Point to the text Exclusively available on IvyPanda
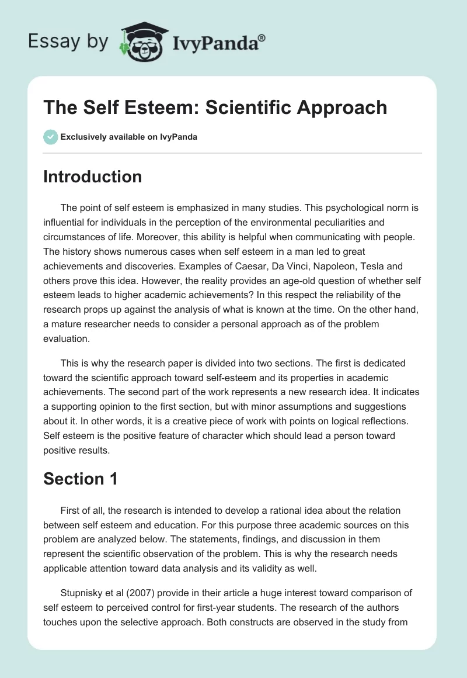pyautogui.click(x=129, y=137)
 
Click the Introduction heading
pyautogui.click(x=92, y=177)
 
